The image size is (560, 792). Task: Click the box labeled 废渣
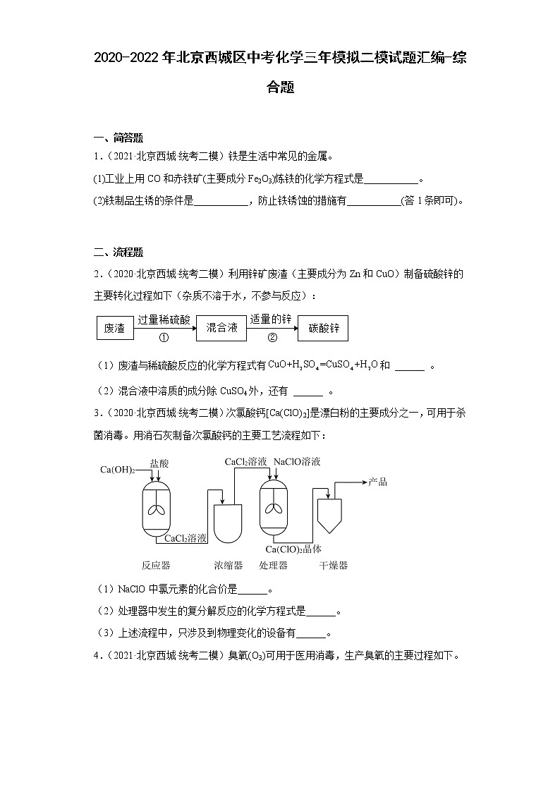pos(114,328)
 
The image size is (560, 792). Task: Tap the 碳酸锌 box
pos(324,328)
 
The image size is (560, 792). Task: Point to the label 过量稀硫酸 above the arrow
pos(164,319)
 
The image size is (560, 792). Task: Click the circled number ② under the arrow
pos(272,338)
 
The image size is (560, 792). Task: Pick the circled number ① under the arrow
pos(164,338)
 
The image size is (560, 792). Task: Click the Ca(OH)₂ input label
pos(117,470)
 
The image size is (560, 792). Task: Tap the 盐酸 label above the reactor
pos(159,463)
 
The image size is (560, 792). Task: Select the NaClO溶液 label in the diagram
pos(297,461)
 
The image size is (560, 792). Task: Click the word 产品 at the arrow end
pos(377,482)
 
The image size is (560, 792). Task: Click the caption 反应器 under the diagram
pos(155,565)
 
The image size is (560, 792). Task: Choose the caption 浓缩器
pos(229,565)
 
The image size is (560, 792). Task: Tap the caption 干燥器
pos(334,565)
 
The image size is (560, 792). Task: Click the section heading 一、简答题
pos(118,138)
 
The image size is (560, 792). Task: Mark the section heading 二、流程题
pos(118,252)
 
